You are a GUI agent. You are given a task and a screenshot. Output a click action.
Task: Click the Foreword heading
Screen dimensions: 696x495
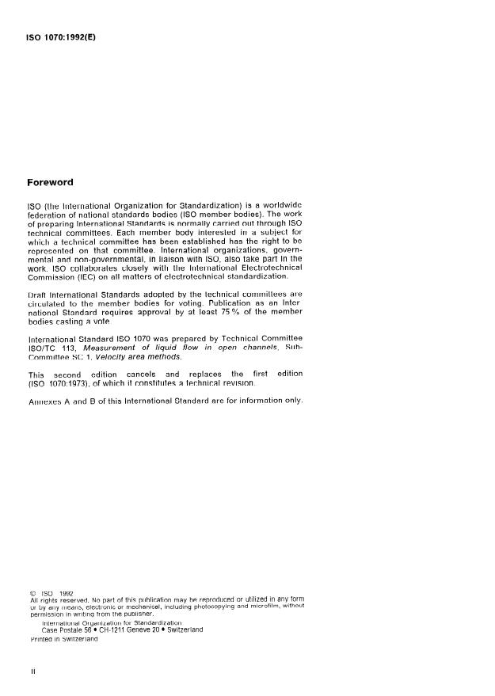[x=50, y=182]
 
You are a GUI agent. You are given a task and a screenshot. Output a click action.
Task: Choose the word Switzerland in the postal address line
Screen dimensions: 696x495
[x=179, y=629]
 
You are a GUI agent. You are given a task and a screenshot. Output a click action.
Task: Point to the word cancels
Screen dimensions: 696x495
[x=143, y=374]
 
